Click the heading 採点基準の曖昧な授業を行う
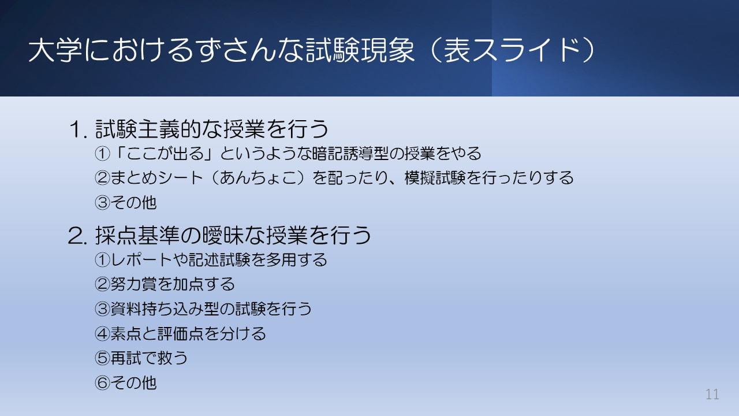pos(233,235)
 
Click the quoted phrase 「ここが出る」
pos(150,154)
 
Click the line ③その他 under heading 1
pos(126,203)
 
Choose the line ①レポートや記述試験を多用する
pos(211,260)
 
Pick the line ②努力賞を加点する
pos(165,284)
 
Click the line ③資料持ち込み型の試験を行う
pos(203,309)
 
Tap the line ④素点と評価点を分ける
pos(180,333)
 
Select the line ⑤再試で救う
pos(141,358)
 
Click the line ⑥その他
pos(126,382)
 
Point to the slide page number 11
pos(712,395)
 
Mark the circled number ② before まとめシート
pos(102,178)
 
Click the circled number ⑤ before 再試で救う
pos(102,358)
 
